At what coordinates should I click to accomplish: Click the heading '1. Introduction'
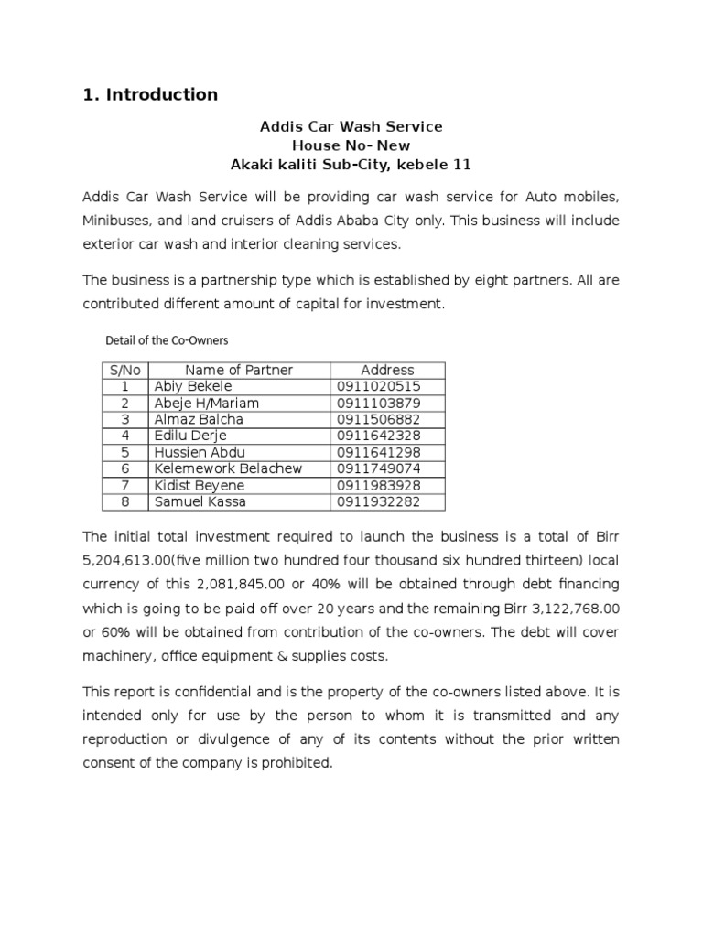click(150, 94)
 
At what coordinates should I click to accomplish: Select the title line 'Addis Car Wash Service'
click(351, 126)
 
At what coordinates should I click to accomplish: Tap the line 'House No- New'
click(351, 145)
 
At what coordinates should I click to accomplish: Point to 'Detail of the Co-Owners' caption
click(167, 340)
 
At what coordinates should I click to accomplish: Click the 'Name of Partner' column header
click(239, 370)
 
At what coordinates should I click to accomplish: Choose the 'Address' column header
click(387, 370)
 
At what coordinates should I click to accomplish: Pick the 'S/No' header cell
click(124, 370)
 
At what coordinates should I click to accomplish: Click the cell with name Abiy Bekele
click(193, 386)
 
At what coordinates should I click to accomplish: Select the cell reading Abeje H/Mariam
click(206, 403)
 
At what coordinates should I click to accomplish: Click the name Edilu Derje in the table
click(190, 436)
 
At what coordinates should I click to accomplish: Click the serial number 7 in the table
click(124, 485)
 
